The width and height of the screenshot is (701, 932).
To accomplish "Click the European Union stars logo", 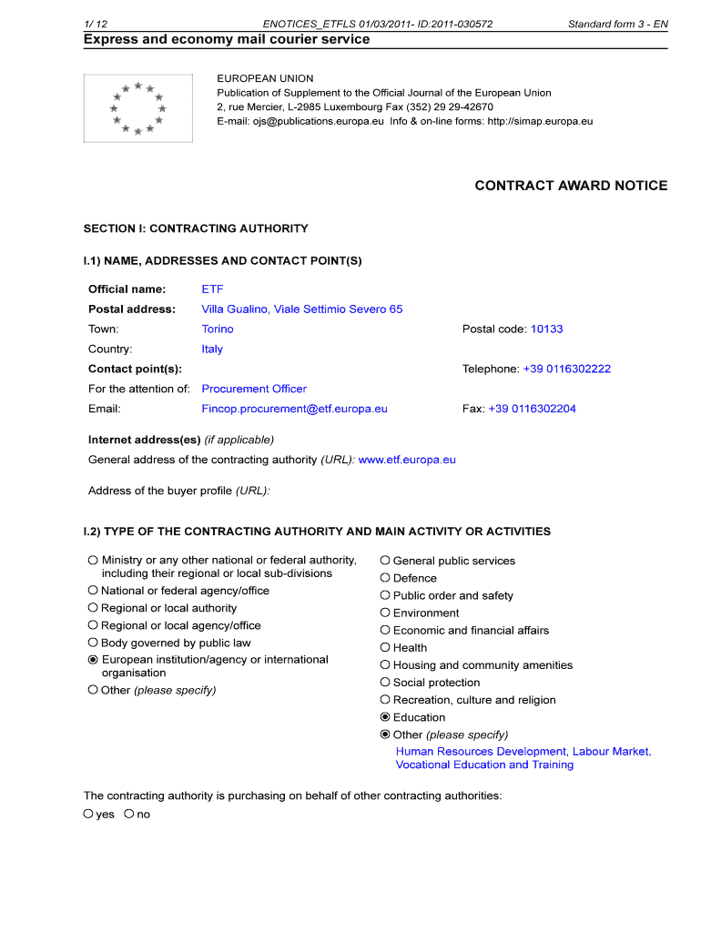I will tap(137, 108).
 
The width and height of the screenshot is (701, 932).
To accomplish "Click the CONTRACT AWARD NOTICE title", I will tap(571, 186).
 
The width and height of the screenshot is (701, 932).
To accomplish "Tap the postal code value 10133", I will tap(546, 329).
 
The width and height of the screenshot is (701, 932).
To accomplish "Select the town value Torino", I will tap(218, 329).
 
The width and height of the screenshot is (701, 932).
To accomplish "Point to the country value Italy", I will tap(212, 349).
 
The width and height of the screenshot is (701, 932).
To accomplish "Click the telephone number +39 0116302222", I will tap(566, 370).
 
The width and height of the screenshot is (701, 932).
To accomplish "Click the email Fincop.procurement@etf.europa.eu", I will tap(294, 410).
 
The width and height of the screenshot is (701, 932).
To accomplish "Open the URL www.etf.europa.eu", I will tap(407, 461).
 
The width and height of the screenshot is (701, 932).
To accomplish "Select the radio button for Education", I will tap(385, 717).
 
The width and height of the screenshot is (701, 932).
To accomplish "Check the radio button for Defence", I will tap(385, 578).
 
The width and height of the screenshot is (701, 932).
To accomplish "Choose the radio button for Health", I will tap(385, 648).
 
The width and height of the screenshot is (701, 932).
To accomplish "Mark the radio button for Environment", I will tap(385, 613).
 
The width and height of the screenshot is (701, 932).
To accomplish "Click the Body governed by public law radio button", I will tap(93, 643).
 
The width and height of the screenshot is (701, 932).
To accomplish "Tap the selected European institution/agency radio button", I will tap(93, 660).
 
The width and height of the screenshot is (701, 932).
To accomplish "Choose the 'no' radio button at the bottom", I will tap(129, 814).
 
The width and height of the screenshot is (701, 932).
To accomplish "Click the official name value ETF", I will tap(212, 289).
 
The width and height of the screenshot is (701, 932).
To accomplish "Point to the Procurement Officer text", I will tap(254, 390).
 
